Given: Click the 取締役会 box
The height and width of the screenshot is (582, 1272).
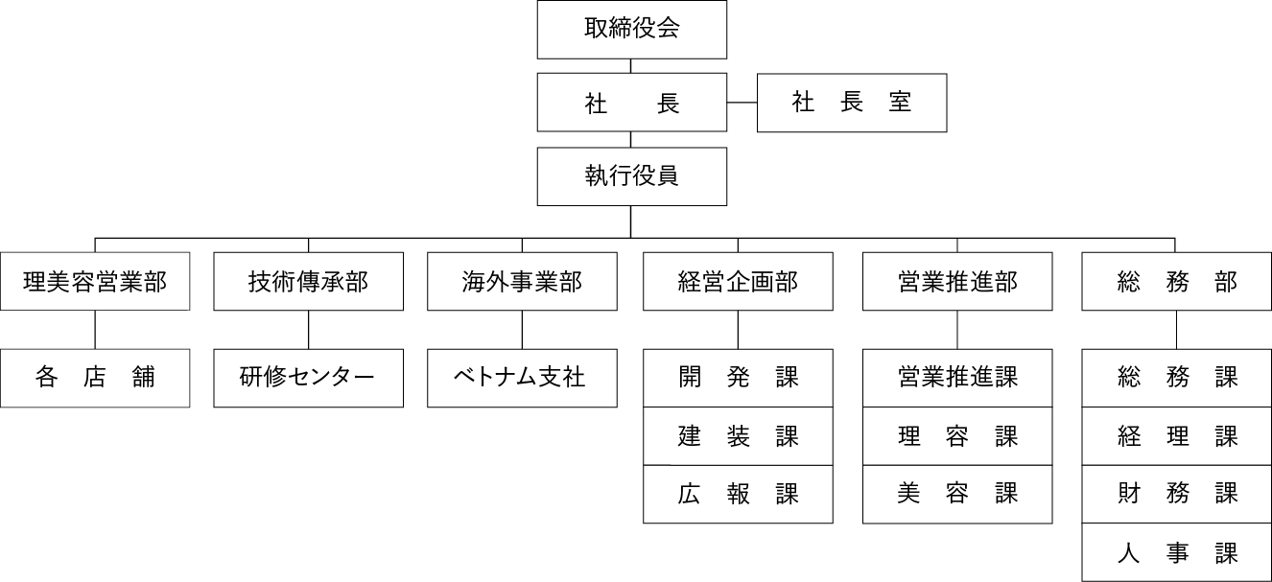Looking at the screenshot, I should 631,29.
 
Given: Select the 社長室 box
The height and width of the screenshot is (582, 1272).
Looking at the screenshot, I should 852,103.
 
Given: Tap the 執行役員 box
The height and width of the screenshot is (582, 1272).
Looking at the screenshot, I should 631,176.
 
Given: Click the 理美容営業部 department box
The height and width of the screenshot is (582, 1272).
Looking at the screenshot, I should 94,282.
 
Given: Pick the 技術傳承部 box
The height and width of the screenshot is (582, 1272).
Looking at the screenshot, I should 308,282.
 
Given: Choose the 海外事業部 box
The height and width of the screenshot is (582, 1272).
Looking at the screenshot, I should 522,282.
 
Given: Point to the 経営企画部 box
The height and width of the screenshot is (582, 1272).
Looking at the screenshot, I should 738,282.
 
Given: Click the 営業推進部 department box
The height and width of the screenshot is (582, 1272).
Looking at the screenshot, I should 957,282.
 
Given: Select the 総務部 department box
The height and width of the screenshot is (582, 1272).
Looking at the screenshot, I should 1177,282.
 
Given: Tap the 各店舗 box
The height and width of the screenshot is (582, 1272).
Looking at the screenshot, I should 94,378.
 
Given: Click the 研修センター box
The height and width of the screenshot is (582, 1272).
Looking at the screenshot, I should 308,378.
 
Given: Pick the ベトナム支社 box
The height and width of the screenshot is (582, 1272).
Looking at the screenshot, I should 522,378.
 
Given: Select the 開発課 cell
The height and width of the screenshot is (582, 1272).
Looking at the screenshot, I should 738,378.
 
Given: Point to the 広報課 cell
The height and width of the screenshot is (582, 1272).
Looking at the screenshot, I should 738,494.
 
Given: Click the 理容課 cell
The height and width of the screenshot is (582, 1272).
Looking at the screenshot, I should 957,436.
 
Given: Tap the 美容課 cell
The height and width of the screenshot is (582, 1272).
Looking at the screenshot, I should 957,494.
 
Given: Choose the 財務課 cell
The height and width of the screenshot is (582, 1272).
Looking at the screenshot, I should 1177,494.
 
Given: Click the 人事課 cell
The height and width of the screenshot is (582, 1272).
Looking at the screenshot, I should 1177,552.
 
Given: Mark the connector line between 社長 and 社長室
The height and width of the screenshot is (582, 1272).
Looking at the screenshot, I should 742,103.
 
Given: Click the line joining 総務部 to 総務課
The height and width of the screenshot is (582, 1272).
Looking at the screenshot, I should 1177,330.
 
